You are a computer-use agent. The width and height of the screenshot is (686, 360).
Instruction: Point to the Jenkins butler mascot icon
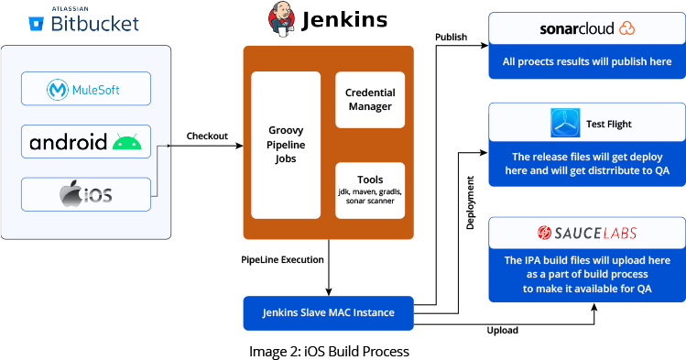pyautogui.click(x=281, y=19)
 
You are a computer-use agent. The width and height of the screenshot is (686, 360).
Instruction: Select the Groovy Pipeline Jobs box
pyautogui.click(x=285, y=145)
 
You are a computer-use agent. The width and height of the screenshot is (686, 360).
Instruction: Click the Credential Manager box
pyautogui.click(x=369, y=100)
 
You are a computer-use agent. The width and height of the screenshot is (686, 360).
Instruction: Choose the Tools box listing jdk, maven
pyautogui.click(x=369, y=189)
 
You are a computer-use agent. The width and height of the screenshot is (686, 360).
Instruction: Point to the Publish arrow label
pyautogui.click(x=451, y=38)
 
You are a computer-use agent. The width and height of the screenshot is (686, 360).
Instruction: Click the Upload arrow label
pyautogui.click(x=502, y=330)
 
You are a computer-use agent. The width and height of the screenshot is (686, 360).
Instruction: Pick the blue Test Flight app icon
pyautogui.click(x=565, y=123)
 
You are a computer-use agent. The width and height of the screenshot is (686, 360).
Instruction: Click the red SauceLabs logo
pyautogui.click(x=587, y=234)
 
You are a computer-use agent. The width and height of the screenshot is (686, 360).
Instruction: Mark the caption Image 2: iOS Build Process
pyautogui.click(x=329, y=351)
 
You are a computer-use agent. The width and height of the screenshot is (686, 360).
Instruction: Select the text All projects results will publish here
pyautogui.click(x=587, y=62)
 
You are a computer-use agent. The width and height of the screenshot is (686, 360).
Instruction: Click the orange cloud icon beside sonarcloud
pyautogui.click(x=626, y=28)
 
